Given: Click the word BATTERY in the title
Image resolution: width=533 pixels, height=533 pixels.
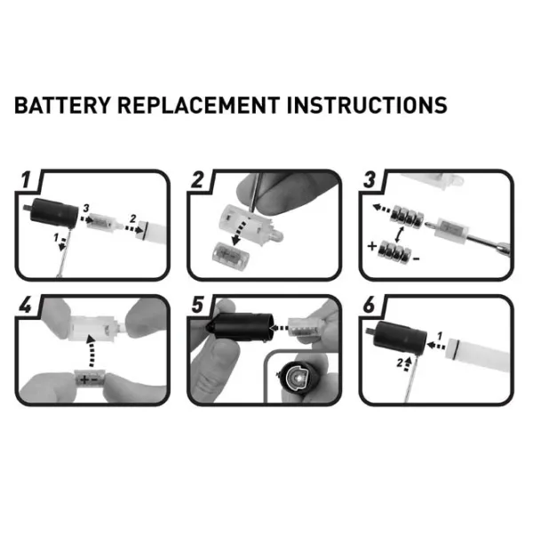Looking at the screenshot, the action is pos(62,105).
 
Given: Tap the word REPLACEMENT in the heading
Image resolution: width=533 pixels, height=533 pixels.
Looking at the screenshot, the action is pos(198,105).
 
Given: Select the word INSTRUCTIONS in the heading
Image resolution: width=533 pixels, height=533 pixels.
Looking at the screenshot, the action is pos(367,105).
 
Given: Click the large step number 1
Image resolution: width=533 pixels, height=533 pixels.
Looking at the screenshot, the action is pos(26,179).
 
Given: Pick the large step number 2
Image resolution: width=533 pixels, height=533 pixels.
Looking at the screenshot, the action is pos(198,179).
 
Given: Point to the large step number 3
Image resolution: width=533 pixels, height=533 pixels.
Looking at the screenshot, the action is pos(370,179).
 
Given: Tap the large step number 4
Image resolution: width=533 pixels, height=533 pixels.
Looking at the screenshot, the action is pos(26,305).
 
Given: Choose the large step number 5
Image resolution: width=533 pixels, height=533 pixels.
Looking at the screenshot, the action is pos(198,305).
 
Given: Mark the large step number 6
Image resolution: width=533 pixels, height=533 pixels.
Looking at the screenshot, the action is pos(370,305).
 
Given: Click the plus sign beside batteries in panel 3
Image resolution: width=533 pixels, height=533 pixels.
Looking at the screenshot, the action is pos(372,246).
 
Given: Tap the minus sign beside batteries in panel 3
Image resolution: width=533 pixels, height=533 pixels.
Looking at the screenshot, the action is pos(416,259).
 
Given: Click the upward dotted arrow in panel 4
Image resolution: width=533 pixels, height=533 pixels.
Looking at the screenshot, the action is pos(91,351).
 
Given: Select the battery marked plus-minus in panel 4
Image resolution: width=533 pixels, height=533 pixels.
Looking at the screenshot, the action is pos(90,378).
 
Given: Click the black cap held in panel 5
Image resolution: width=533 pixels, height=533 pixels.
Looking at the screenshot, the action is pos(240,326).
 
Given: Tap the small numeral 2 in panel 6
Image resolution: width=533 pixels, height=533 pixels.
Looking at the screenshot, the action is pos(400,363).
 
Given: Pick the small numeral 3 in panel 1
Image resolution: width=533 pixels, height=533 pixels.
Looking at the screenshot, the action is pos(85,208).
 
